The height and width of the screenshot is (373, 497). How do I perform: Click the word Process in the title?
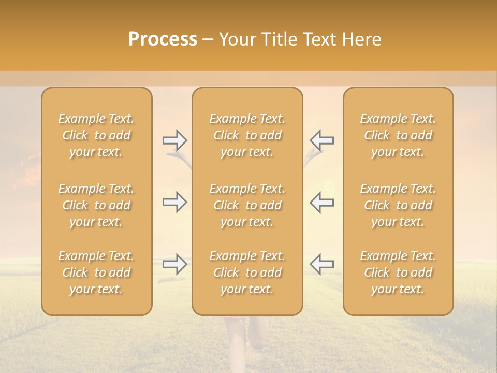click(163, 39)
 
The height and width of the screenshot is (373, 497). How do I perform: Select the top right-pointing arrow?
click(174, 140)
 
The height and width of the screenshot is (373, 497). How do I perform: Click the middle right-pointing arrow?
click(174, 202)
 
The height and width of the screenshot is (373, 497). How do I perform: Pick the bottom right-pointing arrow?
click(174, 264)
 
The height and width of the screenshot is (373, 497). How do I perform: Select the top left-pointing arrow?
click(321, 140)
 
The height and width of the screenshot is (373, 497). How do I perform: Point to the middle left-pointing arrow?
click(321, 202)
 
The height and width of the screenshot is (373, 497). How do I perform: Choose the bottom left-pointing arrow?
click(321, 264)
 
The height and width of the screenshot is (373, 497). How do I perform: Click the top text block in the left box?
click(96, 135)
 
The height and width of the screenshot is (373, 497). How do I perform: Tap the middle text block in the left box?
click(96, 205)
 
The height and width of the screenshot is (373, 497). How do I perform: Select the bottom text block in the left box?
click(96, 272)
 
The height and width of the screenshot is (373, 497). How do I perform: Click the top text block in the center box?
click(247, 135)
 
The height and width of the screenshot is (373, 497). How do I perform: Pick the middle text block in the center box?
click(247, 205)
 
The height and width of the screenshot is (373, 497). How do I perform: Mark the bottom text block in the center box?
click(247, 272)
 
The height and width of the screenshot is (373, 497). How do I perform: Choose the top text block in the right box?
click(398, 135)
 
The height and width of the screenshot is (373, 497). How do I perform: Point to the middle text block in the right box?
click(398, 205)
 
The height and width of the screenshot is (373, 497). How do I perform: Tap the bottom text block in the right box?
click(398, 272)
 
